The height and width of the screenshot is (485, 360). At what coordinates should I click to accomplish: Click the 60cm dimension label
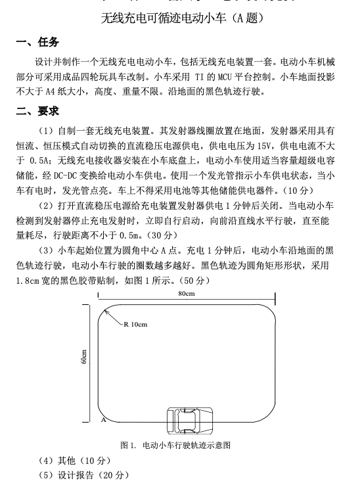[84, 358]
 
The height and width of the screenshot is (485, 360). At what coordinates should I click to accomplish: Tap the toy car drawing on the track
[187, 419]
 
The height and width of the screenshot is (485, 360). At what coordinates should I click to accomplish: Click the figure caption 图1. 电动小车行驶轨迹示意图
[176, 445]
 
